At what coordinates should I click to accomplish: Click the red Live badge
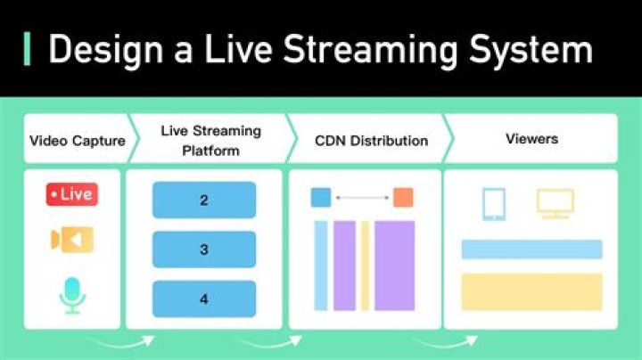pos(71,194)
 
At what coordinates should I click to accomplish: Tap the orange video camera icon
pos(71,239)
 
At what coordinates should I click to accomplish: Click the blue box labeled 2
pos(204,200)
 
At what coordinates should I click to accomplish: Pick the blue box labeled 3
pos(204,250)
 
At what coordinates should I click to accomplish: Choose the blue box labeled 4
pos(204,299)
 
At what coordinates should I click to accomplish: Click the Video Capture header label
pos(78,141)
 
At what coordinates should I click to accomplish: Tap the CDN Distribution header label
pos(371,141)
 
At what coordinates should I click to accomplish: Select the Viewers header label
pos(531,140)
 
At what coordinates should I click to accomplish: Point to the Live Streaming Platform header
pos(210,141)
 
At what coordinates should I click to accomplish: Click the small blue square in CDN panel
pos(321,197)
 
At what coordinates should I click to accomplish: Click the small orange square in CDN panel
pos(403,197)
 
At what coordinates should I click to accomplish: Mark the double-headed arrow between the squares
pos(362,197)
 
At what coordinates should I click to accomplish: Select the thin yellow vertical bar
pos(365,266)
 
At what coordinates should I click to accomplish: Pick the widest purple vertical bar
pos(394,266)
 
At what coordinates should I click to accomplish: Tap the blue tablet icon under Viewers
pos(494,204)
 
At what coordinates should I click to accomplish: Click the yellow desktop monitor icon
pos(555,204)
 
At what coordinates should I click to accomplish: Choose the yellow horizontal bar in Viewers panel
pos(531,291)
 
